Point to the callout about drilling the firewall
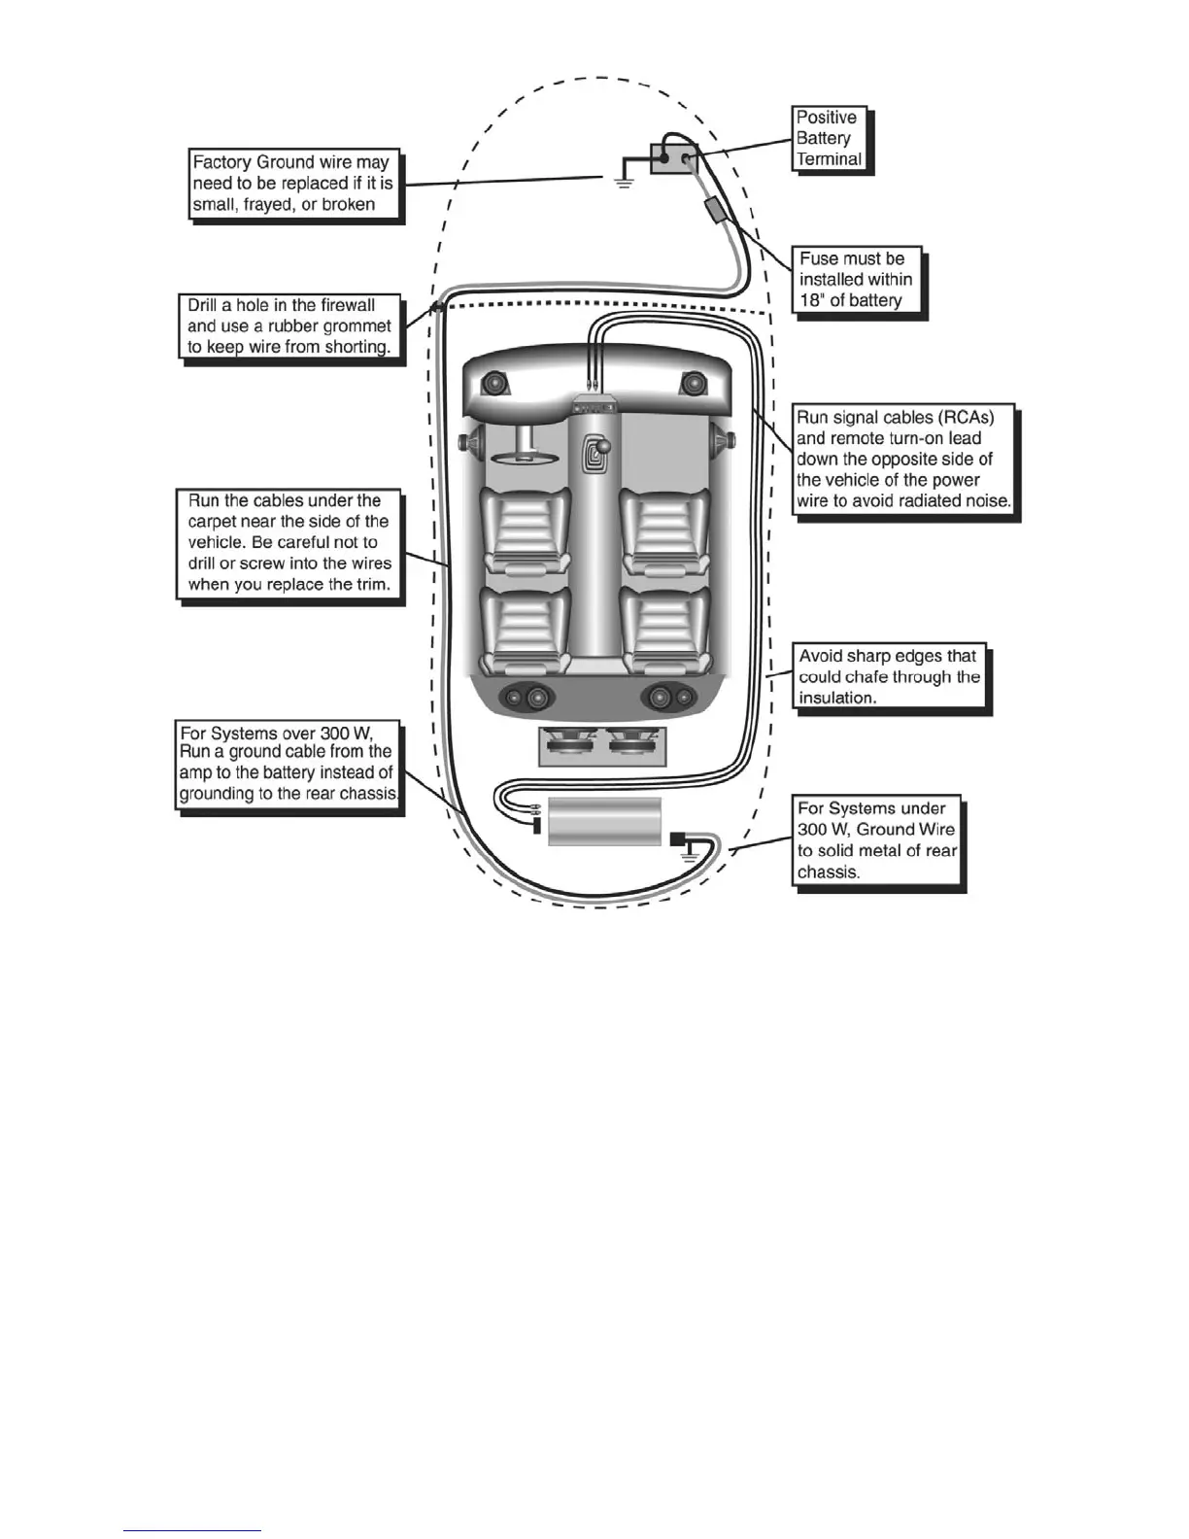pos(289,325)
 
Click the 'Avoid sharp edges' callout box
pos(889,676)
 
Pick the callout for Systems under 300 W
pos(877,840)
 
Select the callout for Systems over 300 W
pos(288,763)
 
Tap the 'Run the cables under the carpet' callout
pos(289,543)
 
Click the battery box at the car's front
pos(674,157)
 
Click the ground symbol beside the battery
pos(624,180)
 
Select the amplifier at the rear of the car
pos(604,823)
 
